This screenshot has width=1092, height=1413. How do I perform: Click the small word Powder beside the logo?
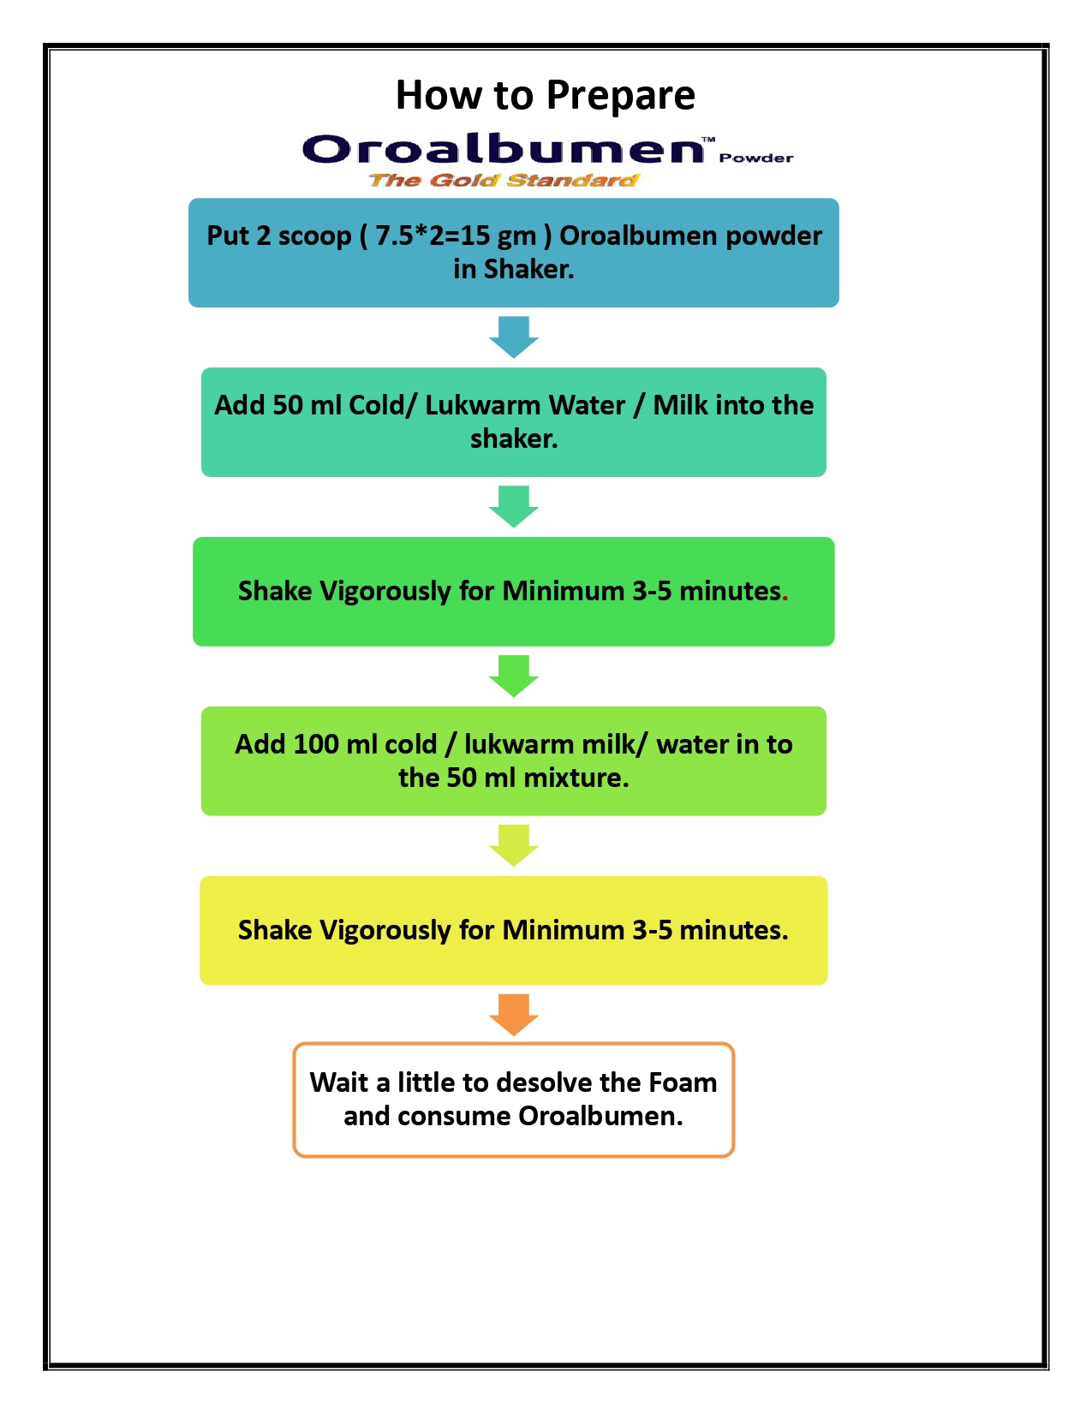click(756, 158)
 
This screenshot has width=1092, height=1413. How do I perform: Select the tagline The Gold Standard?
click(504, 180)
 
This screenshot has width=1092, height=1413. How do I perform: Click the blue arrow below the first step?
click(514, 337)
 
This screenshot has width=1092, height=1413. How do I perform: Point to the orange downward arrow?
click(514, 1015)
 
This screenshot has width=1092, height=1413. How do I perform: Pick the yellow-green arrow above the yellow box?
click(514, 845)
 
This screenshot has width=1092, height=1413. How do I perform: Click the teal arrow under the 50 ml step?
click(514, 506)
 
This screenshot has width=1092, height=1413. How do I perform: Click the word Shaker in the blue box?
click(528, 269)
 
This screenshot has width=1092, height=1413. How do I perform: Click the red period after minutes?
click(785, 593)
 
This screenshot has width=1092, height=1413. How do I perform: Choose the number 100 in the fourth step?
click(316, 744)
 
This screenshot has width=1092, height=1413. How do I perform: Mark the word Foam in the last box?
click(683, 1082)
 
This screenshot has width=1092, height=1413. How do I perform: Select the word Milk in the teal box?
click(681, 405)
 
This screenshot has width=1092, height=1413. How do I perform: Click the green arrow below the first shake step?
click(514, 676)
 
